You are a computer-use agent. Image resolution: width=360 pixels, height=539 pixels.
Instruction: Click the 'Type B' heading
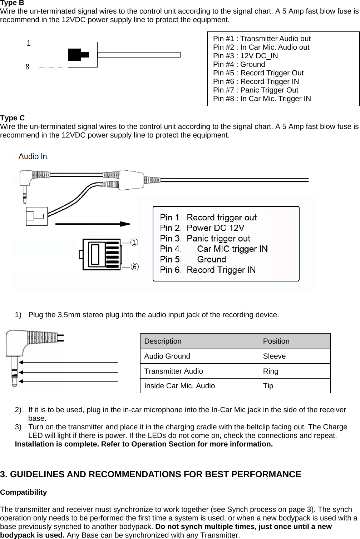12,3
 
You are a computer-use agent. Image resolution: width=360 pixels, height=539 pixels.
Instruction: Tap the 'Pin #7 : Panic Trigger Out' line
255,90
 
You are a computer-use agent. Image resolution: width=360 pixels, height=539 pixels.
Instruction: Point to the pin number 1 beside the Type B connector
29,44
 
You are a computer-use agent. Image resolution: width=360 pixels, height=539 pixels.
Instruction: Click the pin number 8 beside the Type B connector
28,67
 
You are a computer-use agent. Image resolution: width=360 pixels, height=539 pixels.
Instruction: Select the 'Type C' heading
13,118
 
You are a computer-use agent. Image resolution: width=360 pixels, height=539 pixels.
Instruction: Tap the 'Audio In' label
33,156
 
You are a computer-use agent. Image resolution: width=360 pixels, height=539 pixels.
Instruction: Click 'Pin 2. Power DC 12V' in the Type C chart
202,228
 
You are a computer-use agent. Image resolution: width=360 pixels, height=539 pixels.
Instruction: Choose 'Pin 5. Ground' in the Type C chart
193,259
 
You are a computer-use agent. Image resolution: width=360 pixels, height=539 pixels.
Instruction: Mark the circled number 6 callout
134,267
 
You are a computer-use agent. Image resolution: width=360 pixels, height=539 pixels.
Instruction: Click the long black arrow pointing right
93,224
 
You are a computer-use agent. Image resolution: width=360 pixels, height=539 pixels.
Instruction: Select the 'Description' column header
163,341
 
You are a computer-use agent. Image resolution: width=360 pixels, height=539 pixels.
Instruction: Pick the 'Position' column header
276,341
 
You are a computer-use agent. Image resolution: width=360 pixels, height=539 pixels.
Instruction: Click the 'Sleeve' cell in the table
274,356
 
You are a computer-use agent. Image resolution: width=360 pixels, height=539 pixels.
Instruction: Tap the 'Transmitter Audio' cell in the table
174,371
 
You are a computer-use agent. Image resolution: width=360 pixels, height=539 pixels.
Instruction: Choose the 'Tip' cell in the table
268,386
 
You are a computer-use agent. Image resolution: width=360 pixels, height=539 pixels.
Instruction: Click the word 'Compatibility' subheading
24,492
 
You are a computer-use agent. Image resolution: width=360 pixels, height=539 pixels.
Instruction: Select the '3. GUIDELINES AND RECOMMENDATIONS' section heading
151,474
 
